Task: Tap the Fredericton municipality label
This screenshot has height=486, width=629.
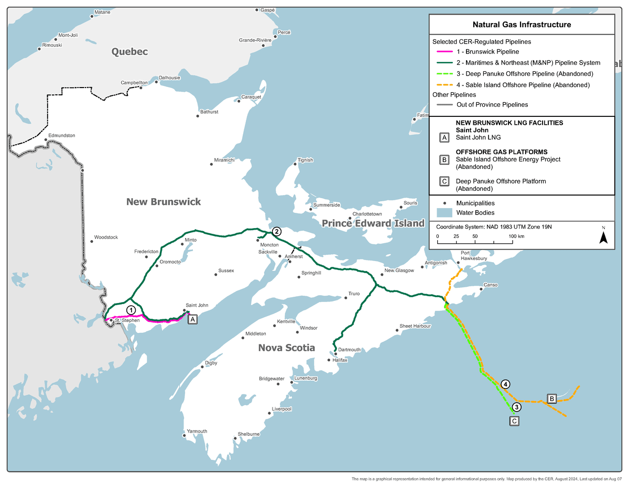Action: coord(146,252)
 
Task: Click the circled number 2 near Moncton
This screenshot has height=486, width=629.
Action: coord(276,231)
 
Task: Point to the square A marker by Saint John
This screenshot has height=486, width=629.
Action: coord(192,319)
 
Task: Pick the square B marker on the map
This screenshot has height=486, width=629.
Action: coord(551,398)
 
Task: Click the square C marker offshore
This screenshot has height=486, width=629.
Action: coord(514,420)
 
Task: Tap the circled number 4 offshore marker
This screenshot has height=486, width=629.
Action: coord(505,384)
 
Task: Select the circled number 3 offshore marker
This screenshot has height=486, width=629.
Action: coord(516,407)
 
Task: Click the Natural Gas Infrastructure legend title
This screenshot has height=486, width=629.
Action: coord(522,25)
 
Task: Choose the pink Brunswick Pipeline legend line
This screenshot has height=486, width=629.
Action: coord(444,52)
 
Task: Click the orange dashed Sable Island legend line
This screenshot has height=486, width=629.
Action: coord(444,85)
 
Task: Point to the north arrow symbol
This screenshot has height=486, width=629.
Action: coord(603,237)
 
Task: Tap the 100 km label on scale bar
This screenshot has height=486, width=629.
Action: coord(516,236)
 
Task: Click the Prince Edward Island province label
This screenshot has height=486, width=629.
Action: coord(373,224)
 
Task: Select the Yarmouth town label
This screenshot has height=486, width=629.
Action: coord(197,431)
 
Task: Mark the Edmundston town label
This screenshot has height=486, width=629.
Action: coord(62,136)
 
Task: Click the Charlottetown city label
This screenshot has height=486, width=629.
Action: coord(367,214)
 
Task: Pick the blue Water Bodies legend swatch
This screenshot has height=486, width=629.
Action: coord(444,213)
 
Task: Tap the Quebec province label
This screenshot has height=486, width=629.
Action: coord(129,51)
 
